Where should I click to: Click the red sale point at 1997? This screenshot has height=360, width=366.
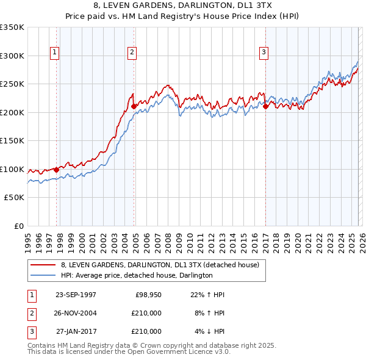coord(57,170)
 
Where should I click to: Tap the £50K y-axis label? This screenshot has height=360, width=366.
coord(15,198)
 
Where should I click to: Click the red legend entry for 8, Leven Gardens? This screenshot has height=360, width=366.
coord(160,265)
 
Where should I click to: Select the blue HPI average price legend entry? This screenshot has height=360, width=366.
coord(136,275)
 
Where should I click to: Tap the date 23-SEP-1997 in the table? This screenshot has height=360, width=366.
coord(76,295)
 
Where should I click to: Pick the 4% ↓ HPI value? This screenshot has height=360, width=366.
coord(209,331)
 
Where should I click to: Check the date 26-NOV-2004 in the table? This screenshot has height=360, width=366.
coord(76,313)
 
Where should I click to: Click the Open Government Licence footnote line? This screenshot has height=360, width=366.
coord(129,352)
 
